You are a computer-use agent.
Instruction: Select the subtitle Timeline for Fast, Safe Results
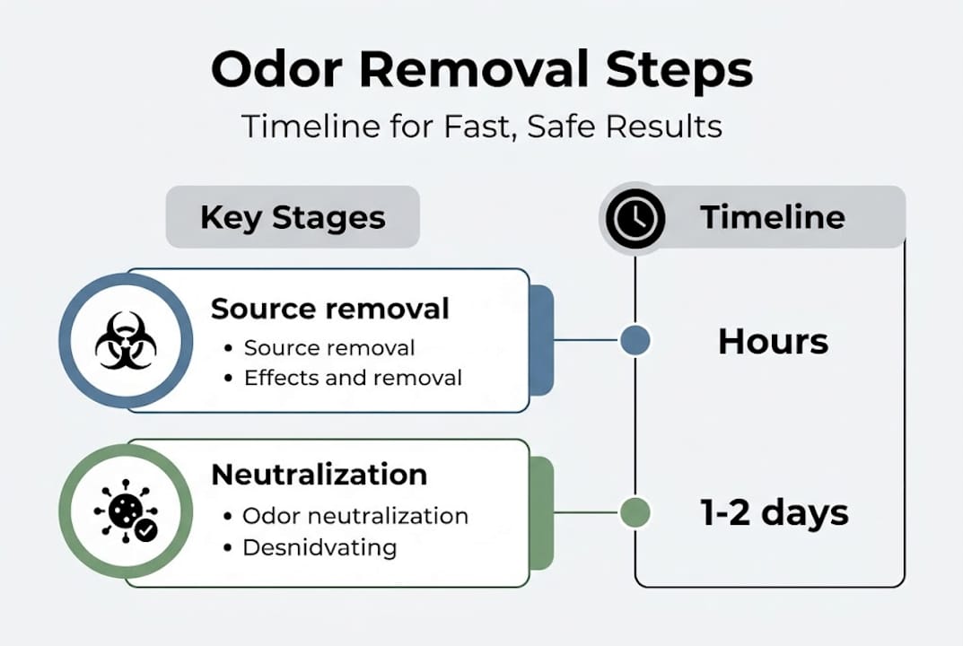(x=481, y=127)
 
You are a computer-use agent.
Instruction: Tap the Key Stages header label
(x=293, y=217)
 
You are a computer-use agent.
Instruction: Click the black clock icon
(x=635, y=217)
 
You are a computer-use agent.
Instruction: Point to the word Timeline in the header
(x=772, y=217)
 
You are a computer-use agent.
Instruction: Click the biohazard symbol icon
(x=126, y=341)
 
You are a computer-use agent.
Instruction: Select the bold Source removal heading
(x=329, y=309)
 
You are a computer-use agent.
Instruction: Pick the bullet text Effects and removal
(x=353, y=378)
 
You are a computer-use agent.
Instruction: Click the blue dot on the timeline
(x=635, y=341)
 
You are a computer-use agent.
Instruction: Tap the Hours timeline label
(x=773, y=342)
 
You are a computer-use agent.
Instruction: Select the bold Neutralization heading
(x=319, y=475)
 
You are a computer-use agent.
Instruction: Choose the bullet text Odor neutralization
(x=355, y=516)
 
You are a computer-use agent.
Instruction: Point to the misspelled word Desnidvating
(x=320, y=547)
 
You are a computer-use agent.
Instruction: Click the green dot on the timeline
(x=635, y=512)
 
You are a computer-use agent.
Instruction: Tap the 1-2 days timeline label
(x=774, y=513)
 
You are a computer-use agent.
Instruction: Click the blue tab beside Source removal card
(x=541, y=340)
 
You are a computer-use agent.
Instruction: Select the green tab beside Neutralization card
(x=541, y=512)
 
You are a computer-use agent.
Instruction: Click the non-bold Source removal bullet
(x=329, y=348)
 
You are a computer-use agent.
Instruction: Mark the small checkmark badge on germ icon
(x=144, y=531)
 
